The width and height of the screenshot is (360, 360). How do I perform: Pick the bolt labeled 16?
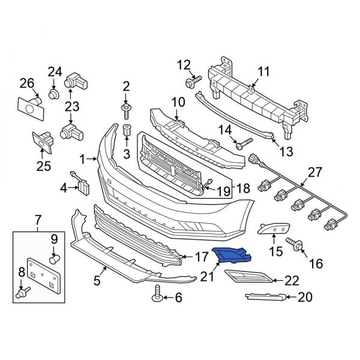click(296, 244)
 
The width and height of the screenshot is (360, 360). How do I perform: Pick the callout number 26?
click(26, 82)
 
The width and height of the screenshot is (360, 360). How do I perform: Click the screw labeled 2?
click(126, 109)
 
